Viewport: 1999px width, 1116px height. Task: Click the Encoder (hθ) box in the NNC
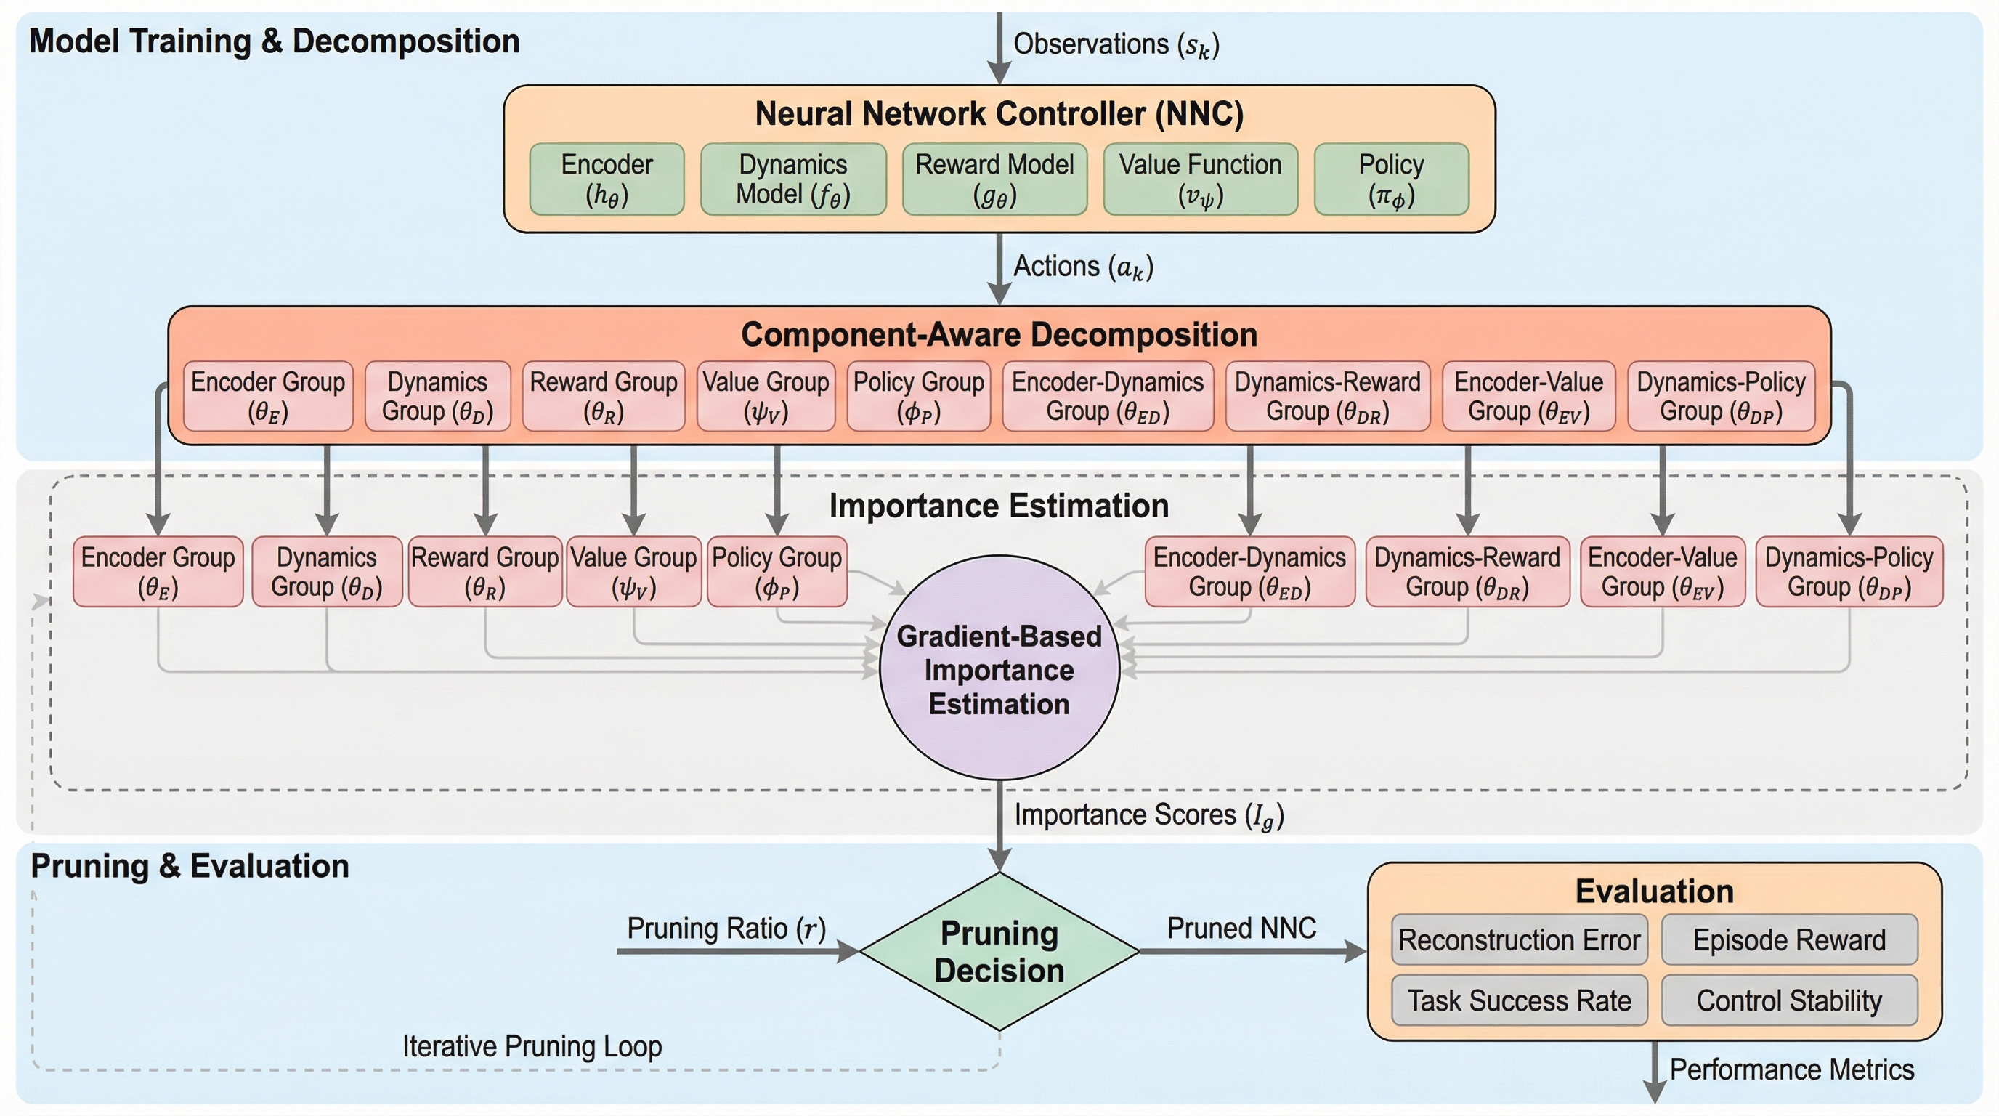click(607, 179)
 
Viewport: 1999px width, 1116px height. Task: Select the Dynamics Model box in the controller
click(793, 179)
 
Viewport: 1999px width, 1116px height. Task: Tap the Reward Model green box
click(994, 179)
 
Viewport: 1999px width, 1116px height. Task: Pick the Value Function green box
click(1200, 179)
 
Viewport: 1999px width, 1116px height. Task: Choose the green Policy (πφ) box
click(1390, 179)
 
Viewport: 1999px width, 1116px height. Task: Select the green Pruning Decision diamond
click(999, 952)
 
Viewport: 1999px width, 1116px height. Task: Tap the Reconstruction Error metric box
click(1519, 940)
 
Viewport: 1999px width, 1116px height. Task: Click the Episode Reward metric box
click(1788, 940)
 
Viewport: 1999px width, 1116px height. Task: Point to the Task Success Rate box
click(1519, 1000)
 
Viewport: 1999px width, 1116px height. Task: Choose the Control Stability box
click(1788, 1000)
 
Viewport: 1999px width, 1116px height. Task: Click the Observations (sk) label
click(1116, 45)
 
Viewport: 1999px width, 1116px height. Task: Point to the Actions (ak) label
click(1083, 267)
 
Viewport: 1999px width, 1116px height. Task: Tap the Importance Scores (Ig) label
click(1148, 816)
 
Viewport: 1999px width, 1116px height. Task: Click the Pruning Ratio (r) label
click(726, 929)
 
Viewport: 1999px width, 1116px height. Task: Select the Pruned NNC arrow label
click(1241, 929)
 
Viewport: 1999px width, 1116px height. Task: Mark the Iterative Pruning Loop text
click(532, 1046)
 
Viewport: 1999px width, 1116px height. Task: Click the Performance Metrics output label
click(1791, 1069)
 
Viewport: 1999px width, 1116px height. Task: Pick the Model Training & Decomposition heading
click(274, 41)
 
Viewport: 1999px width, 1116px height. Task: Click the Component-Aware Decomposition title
click(999, 334)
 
